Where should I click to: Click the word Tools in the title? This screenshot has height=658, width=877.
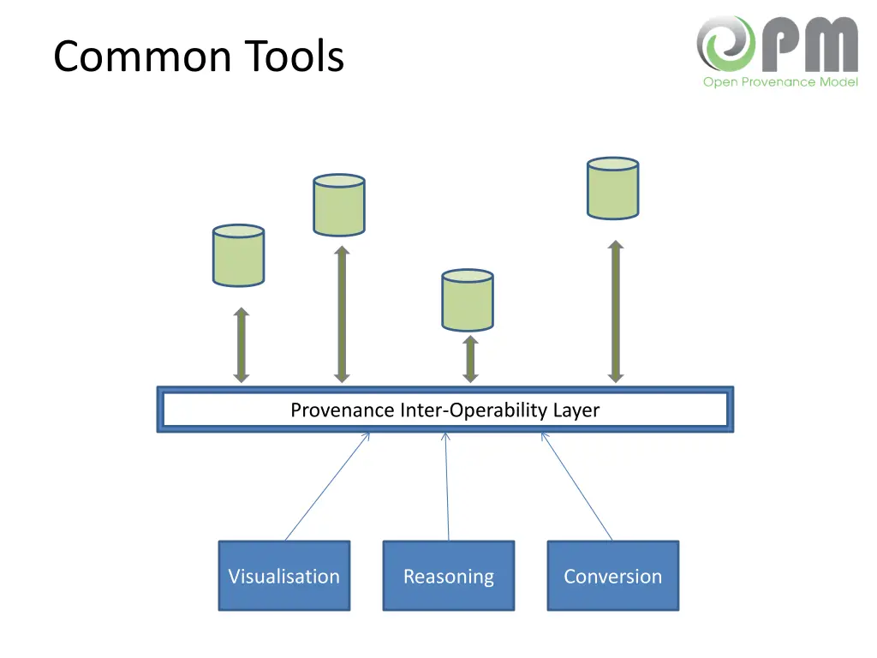pyautogui.click(x=294, y=57)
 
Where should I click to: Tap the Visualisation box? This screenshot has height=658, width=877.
pyautogui.click(x=283, y=576)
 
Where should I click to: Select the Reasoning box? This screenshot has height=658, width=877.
pyautogui.click(x=448, y=576)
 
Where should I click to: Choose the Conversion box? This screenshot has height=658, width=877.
pyautogui.click(x=612, y=576)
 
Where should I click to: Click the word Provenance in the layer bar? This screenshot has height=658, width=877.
pyautogui.click(x=343, y=410)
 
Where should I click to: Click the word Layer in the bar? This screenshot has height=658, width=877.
pyautogui.click(x=576, y=410)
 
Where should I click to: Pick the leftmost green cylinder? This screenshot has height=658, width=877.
pyautogui.click(x=238, y=255)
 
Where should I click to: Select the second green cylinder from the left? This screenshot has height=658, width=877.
pyautogui.click(x=339, y=206)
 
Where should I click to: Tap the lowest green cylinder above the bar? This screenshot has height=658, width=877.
pyautogui.click(x=467, y=300)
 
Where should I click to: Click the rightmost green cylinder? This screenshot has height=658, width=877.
pyautogui.click(x=612, y=188)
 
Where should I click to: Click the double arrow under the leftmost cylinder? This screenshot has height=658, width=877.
pyautogui.click(x=242, y=344)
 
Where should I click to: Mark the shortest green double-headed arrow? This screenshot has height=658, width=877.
pyautogui.click(x=469, y=358)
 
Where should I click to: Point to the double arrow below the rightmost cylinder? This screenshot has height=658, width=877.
pyautogui.click(x=615, y=311)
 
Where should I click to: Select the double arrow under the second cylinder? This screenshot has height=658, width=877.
pyautogui.click(x=342, y=314)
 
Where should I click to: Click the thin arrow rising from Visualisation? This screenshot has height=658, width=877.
pyautogui.click(x=327, y=486)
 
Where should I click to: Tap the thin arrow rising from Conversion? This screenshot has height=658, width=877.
pyautogui.click(x=576, y=486)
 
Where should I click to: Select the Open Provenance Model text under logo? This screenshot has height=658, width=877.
pyautogui.click(x=779, y=82)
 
